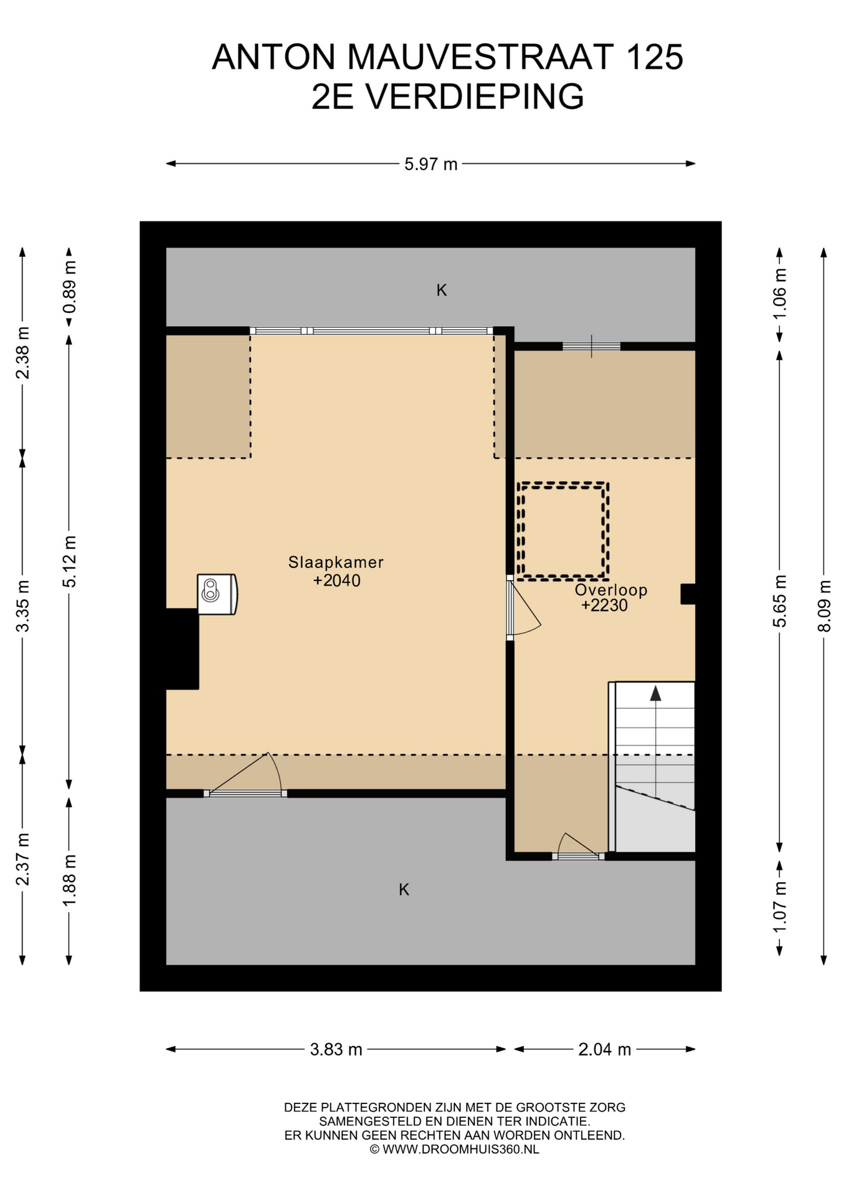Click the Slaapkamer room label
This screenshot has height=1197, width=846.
pyautogui.click(x=336, y=562)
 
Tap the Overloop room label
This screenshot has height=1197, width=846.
pyautogui.click(x=611, y=590)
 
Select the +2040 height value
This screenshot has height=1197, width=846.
pyautogui.click(x=336, y=580)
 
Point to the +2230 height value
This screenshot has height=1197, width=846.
pyautogui.click(x=604, y=605)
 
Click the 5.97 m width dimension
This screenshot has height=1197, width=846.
pyautogui.click(x=431, y=164)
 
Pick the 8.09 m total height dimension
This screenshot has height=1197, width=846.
pyautogui.click(x=824, y=606)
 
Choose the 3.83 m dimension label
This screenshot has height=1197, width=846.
pyautogui.click(x=336, y=1049)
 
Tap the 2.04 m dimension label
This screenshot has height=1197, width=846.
pyautogui.click(x=605, y=1049)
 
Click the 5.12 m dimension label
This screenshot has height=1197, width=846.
pyautogui.click(x=69, y=561)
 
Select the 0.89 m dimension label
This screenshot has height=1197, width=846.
pyautogui.click(x=69, y=287)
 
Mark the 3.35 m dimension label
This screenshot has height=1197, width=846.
pyautogui.click(x=22, y=606)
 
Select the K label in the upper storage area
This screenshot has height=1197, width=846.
pyautogui.click(x=442, y=290)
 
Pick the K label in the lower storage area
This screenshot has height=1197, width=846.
pyautogui.click(x=404, y=890)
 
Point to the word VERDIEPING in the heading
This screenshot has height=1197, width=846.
pyautogui.click(x=475, y=96)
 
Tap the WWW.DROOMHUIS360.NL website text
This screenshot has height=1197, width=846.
pyautogui.click(x=461, y=1149)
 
